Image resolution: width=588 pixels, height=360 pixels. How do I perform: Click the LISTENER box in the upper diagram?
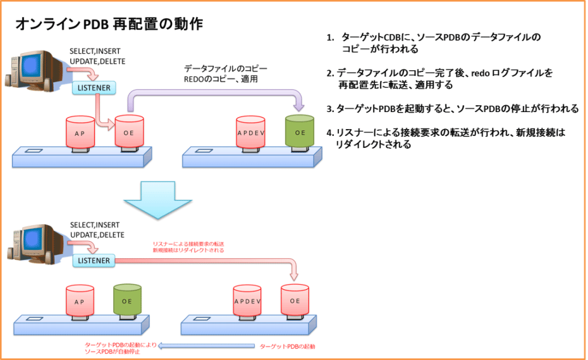pyautogui.click(x=94, y=88)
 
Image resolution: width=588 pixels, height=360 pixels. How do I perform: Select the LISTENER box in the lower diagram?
pyautogui.click(x=94, y=260)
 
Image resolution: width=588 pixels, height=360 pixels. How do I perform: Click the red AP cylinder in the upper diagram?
pyautogui.click(x=80, y=134)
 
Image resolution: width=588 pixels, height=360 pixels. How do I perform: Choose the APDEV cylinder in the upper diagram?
pyautogui.click(x=250, y=134)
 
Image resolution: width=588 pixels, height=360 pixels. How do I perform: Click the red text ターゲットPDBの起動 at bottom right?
pyautogui.click(x=287, y=345)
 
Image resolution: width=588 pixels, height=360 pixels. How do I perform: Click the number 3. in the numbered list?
pyautogui.click(x=330, y=109)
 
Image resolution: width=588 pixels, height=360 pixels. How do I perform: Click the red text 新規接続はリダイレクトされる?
pyautogui.click(x=188, y=250)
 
